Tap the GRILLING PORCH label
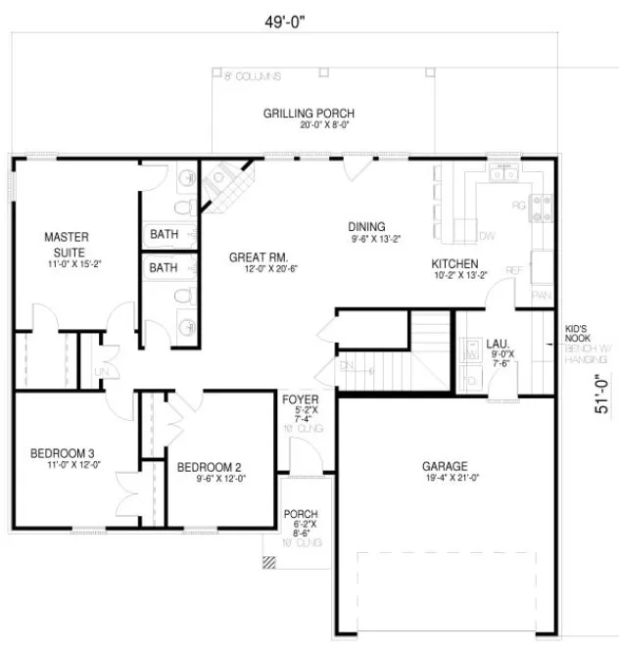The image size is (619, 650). pos(308,114)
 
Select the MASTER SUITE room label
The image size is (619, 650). pos(67,244)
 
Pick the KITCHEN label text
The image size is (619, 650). pos(454,264)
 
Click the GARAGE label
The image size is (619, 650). pos(445,466)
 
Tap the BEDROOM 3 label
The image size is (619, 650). pos(62,452)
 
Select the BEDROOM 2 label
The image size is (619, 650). pos(209,467)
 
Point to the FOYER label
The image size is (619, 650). pos(300,399)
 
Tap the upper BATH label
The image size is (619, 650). pos(164,234)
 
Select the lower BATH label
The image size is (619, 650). pos(164,266)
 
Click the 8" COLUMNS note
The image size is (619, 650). pos(253,76)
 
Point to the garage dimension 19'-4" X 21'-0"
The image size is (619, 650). pos(445,479)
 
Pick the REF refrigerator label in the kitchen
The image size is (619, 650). pos(512,270)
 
